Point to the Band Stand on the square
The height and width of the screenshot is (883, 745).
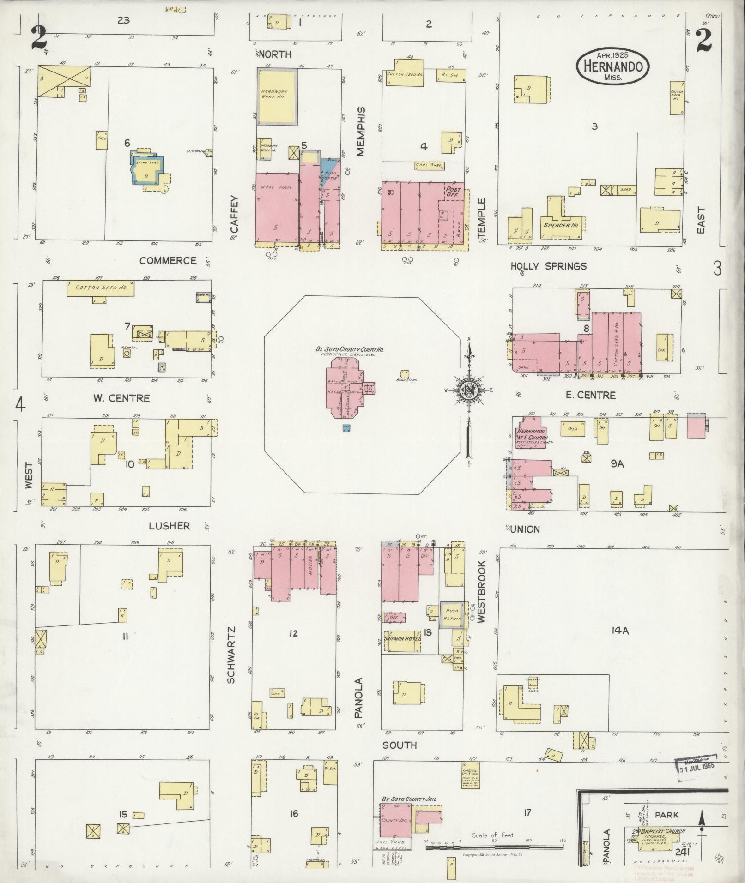click(405, 373)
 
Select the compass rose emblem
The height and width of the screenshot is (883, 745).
click(469, 391)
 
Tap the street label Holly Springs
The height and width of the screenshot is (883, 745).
click(548, 266)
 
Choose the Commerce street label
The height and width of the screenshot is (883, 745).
click(168, 261)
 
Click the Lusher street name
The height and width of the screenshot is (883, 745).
click(169, 526)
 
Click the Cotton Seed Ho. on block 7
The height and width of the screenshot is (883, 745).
click(101, 289)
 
